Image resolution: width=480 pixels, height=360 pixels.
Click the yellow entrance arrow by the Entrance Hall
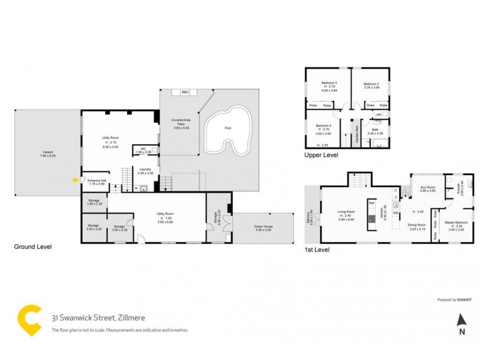(x=74, y=178)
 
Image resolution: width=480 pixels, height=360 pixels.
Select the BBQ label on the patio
(x=185, y=92)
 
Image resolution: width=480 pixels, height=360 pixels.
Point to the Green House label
(x=263, y=228)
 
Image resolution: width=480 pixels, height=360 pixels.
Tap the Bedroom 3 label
(x=328, y=83)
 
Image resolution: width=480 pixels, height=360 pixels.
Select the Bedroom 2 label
(x=371, y=84)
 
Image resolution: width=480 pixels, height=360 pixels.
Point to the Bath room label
(x=374, y=129)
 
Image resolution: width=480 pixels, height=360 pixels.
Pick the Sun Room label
(x=428, y=187)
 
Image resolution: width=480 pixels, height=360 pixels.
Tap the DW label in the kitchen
(x=396, y=213)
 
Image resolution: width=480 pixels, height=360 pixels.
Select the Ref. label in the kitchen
(x=371, y=203)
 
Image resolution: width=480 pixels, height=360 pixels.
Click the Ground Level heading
(x=33, y=247)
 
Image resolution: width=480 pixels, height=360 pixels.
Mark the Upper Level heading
(x=322, y=155)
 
